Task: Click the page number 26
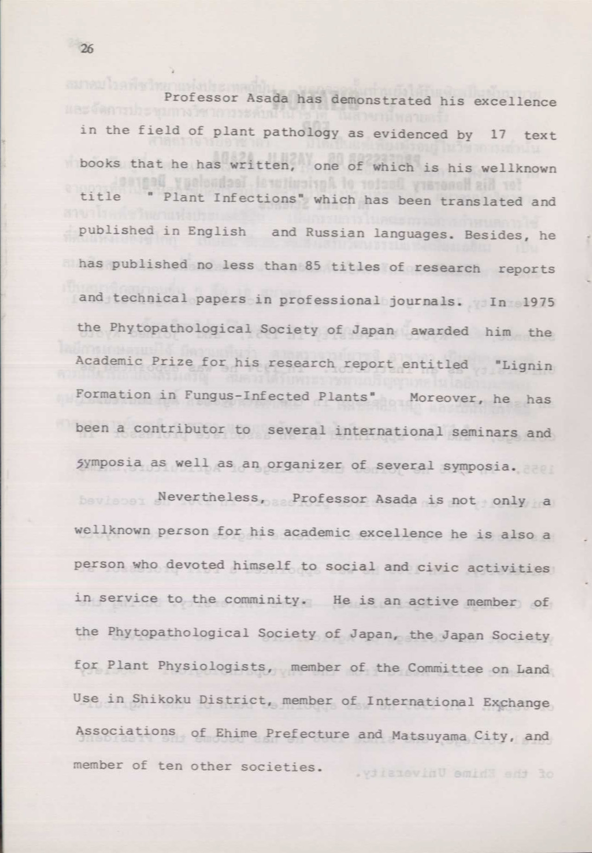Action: point(87,49)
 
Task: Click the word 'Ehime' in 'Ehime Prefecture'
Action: point(230,733)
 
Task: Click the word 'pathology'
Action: point(301,133)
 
